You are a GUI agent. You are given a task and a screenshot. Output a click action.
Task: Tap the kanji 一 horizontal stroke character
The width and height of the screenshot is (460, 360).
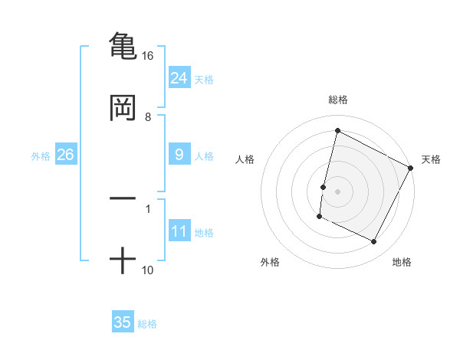[123, 198]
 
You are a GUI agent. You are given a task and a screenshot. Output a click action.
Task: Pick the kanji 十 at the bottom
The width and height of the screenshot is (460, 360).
[123, 260]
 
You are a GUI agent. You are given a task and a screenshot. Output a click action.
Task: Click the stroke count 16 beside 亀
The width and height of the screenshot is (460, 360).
[148, 56]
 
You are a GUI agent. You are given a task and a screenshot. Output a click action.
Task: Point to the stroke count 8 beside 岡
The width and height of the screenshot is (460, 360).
[148, 117]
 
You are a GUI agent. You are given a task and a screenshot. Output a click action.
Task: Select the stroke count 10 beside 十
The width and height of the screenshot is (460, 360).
[148, 270]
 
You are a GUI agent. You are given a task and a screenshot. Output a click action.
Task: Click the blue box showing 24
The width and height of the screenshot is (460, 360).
[179, 77]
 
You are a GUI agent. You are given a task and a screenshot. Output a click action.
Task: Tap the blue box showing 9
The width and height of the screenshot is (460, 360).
[179, 155]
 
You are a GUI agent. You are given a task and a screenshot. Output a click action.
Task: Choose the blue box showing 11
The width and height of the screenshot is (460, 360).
[179, 231]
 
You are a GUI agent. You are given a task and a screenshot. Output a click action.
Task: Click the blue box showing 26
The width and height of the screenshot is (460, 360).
[65, 155]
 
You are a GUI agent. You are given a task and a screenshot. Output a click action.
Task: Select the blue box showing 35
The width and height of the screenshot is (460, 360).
[123, 322]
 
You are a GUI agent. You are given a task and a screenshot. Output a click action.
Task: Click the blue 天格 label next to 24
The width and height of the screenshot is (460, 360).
[204, 79]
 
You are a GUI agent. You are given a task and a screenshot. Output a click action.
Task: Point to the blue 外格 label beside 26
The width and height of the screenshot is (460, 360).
[41, 156]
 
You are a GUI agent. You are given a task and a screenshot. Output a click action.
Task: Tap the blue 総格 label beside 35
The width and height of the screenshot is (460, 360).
[147, 324]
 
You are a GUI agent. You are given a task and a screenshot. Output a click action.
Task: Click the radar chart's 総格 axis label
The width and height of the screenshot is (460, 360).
[338, 100]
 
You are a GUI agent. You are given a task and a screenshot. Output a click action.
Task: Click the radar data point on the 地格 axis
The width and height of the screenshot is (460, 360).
[374, 242]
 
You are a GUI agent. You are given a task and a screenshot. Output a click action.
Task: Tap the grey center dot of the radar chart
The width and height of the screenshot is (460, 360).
[338, 191]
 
